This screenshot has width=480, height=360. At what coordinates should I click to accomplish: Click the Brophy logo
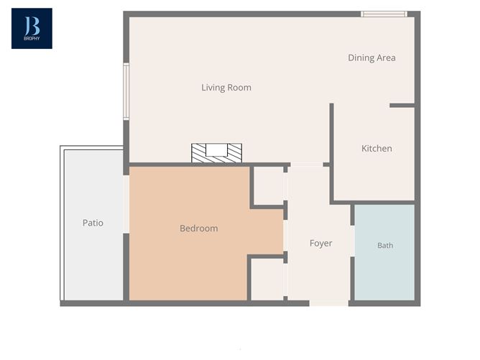click(x=32, y=29)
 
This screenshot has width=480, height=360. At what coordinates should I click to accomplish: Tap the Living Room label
click(x=226, y=88)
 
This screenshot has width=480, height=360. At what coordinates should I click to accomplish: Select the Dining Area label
click(x=371, y=58)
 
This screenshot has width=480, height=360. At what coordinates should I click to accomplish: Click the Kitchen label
click(x=377, y=149)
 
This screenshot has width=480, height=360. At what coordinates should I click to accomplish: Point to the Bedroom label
click(x=198, y=229)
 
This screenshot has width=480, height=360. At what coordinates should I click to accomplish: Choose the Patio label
click(x=93, y=223)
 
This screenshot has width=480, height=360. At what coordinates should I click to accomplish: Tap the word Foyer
click(x=320, y=244)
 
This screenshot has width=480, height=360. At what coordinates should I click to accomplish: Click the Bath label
click(x=385, y=245)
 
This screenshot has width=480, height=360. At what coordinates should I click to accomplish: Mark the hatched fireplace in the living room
click(x=216, y=153)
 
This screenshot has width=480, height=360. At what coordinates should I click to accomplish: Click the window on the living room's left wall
click(x=126, y=91)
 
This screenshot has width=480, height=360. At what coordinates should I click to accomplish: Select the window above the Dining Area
click(x=384, y=14)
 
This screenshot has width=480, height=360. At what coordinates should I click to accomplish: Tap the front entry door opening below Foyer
click(x=329, y=303)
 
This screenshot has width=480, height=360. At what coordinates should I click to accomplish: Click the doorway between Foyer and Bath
click(x=352, y=241)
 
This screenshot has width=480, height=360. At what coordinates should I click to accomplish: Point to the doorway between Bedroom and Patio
click(x=126, y=204)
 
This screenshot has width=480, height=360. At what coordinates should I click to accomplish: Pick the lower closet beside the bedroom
click(x=267, y=280)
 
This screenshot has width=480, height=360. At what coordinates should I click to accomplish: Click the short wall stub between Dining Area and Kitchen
click(x=402, y=106)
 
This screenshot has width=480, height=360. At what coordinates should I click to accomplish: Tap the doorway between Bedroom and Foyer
click(x=285, y=236)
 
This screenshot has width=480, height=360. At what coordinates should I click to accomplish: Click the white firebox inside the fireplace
click(x=216, y=150)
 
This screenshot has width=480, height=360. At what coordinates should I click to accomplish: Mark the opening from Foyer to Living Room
click(x=306, y=165)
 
